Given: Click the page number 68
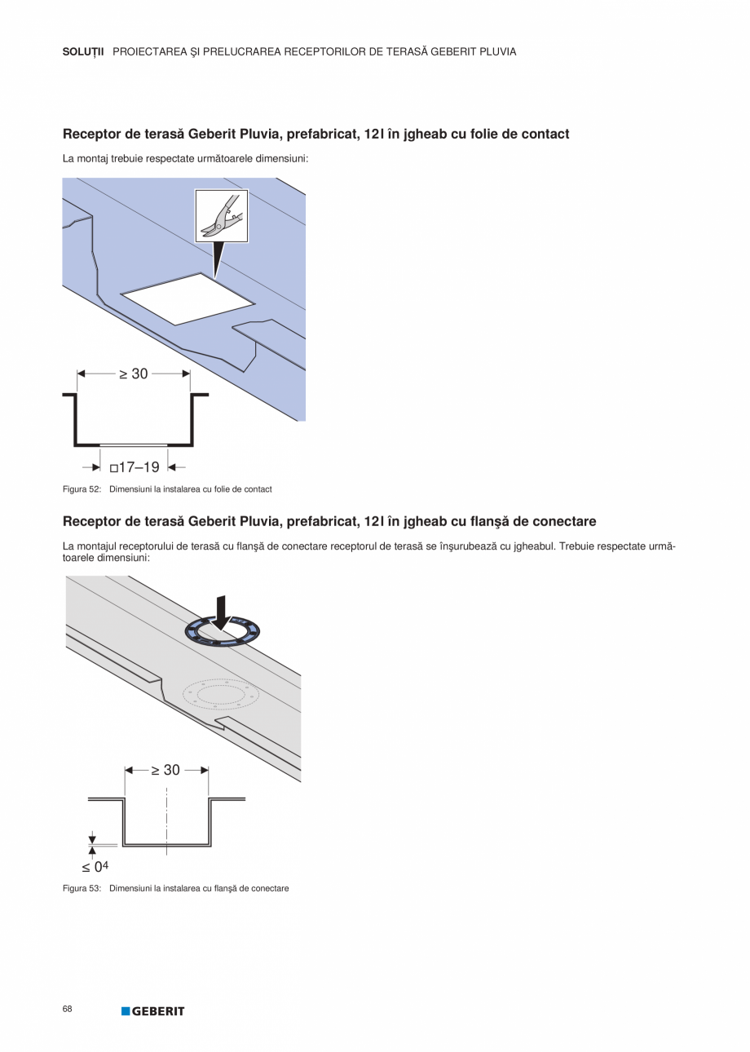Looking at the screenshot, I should pyautogui.click(x=67, y=1009).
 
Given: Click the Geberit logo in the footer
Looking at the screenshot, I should pyautogui.click(x=153, y=1011).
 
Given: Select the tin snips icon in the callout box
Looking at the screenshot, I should pyautogui.click(x=221, y=216).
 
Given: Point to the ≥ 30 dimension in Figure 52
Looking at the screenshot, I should pyautogui.click(x=134, y=374).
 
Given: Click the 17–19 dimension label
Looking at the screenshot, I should pyautogui.click(x=135, y=467).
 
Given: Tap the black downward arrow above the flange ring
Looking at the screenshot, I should pyautogui.click(x=221, y=612).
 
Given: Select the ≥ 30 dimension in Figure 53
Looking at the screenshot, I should pyautogui.click(x=165, y=770).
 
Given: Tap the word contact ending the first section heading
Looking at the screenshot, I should pyautogui.click(x=544, y=134).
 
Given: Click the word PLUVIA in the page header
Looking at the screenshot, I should pyautogui.click(x=494, y=51).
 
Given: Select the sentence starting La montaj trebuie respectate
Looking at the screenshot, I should pyautogui.click(x=185, y=158).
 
